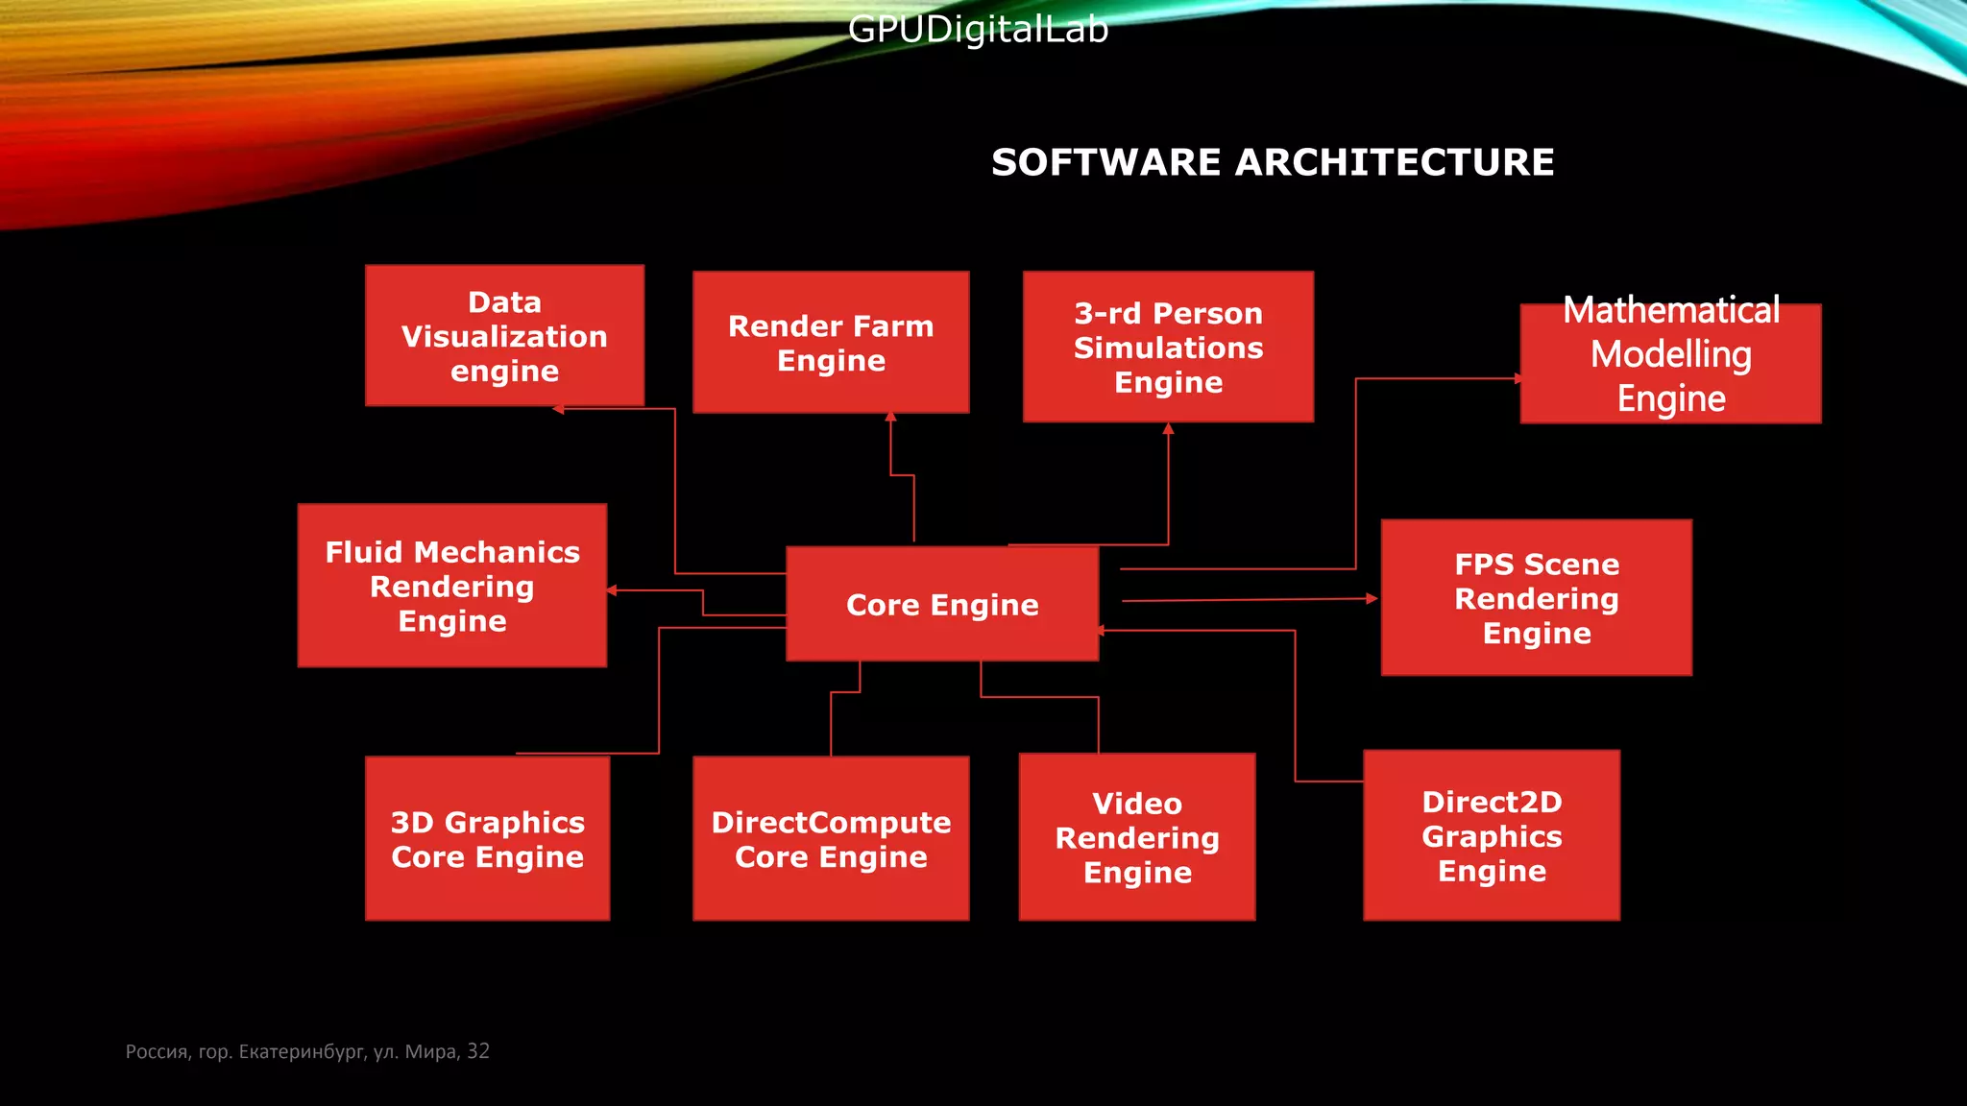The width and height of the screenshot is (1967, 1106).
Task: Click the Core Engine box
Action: point(942,604)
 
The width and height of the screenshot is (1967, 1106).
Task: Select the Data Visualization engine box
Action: point(504,336)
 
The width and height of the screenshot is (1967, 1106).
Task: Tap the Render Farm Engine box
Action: point(831,343)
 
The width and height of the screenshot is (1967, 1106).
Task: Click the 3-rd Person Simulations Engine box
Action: point(1168,347)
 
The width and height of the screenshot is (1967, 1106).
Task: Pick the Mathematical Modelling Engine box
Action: point(1670,363)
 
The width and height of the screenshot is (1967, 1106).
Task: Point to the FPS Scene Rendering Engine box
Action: point(1536,598)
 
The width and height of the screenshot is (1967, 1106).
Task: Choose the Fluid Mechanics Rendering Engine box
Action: point(451,586)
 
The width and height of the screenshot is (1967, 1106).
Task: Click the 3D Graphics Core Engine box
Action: point(487,838)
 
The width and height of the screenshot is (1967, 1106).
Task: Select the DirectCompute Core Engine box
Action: point(831,838)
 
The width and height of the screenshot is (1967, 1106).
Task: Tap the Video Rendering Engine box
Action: point(1137,837)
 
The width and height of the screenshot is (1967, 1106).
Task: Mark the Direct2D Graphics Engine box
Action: point(1492,835)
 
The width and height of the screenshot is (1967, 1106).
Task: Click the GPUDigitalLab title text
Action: point(978,29)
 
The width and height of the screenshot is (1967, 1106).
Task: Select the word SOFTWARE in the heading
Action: point(1106,162)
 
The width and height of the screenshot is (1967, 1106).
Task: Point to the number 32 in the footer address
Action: point(478,1051)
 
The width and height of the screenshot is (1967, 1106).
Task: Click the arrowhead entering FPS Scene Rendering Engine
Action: point(1372,598)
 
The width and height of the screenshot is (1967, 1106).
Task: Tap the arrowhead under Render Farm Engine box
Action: point(890,418)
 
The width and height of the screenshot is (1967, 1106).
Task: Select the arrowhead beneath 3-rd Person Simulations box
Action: point(1168,429)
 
